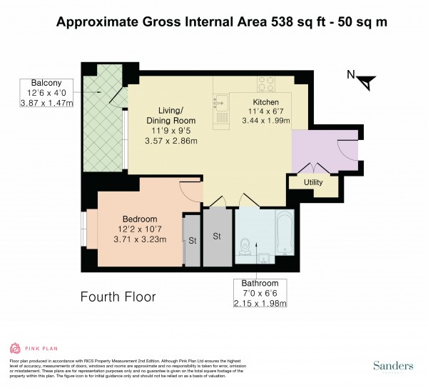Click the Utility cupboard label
coord(314,182)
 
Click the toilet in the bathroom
coord(245,246)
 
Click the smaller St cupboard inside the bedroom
coord(191,241)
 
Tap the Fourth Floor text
coord(118,296)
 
